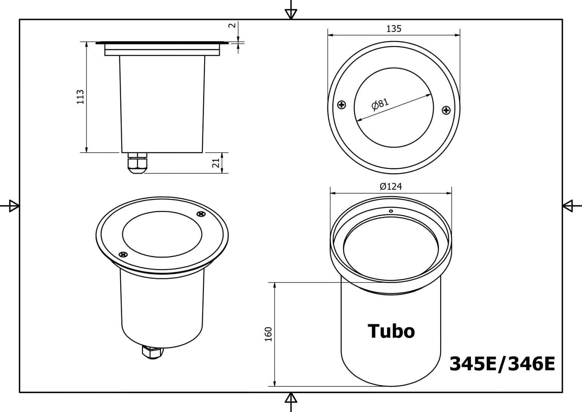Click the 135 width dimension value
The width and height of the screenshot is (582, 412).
tap(394, 29)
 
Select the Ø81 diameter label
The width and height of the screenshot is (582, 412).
tap(380, 104)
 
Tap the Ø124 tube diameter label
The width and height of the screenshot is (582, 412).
tap(391, 187)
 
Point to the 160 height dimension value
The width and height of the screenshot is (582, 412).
tap(268, 334)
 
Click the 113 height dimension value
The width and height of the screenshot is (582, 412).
tap(80, 97)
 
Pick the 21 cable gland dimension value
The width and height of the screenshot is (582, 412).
tap(216, 163)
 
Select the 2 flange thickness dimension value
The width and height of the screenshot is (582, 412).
tap(232, 25)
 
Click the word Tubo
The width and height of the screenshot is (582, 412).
tap(391, 331)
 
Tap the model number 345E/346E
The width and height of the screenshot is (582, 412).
tap(502, 364)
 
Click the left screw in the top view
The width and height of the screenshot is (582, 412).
tap(342, 105)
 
